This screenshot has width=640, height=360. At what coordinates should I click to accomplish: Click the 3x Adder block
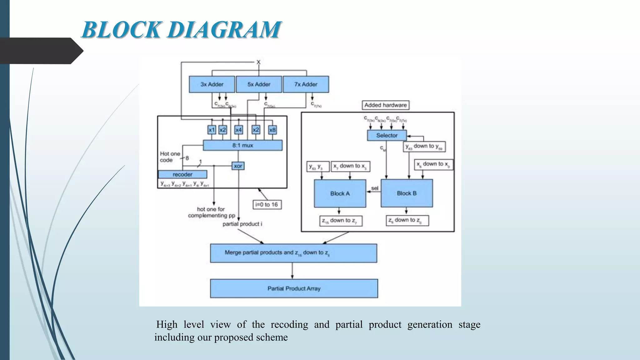pyautogui.click(x=212, y=84)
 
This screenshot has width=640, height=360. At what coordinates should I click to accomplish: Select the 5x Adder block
pyautogui.click(x=259, y=84)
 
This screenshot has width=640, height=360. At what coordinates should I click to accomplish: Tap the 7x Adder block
pyautogui.click(x=306, y=84)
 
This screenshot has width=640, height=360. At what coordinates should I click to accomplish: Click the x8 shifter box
pyautogui.click(x=272, y=130)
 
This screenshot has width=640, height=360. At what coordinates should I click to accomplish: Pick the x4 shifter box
pyautogui.click(x=238, y=130)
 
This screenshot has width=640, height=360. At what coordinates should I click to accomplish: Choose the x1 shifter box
pyautogui.click(x=212, y=130)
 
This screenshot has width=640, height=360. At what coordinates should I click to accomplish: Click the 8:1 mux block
pyautogui.click(x=242, y=145)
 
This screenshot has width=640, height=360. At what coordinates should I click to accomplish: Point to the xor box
pyautogui.click(x=238, y=166)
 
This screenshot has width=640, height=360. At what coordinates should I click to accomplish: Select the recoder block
pyautogui.click(x=182, y=174)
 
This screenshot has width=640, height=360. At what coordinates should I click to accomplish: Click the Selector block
pyautogui.click(x=387, y=135)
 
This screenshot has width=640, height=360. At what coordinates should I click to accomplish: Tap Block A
pyautogui.click(x=340, y=193)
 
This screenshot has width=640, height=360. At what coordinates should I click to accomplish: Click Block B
pyautogui.click(x=407, y=193)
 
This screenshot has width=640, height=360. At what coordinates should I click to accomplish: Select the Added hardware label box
pyautogui.click(x=385, y=105)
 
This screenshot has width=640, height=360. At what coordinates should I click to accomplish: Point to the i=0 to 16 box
pyautogui.click(x=267, y=205)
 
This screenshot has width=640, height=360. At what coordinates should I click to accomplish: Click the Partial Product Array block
pyautogui.click(x=294, y=288)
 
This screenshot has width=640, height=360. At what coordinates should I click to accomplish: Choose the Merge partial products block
pyautogui.click(x=293, y=253)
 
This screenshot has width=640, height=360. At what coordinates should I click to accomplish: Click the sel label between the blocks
pyautogui.click(x=374, y=188)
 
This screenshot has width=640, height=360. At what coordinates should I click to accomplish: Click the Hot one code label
pyautogui.click(x=170, y=157)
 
